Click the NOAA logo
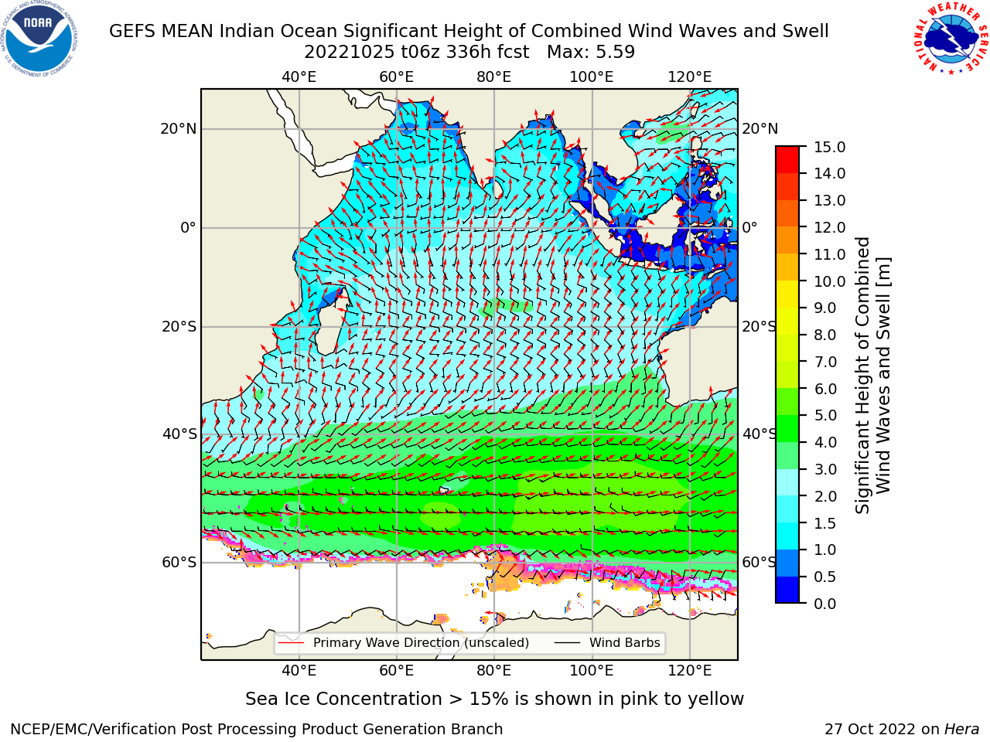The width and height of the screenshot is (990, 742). [x=39, y=39]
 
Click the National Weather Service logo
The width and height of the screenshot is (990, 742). [x=951, y=38]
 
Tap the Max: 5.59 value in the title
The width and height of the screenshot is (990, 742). [x=591, y=53]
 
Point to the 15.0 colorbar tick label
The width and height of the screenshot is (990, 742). [x=829, y=147]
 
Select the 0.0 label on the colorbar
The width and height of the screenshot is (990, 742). [x=825, y=604]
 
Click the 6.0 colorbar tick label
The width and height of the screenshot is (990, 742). [x=825, y=389]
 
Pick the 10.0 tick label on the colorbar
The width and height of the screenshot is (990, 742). [x=829, y=281]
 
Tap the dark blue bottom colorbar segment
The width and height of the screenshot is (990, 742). [x=787, y=590]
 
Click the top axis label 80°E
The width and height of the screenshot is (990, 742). [x=494, y=77]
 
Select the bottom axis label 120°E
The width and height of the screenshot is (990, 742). [x=690, y=671]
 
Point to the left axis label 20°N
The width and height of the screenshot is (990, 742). [x=179, y=129]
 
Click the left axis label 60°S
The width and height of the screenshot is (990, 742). [x=179, y=562]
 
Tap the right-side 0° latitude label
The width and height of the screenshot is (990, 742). [x=749, y=227]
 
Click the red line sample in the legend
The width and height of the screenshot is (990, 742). [x=291, y=643]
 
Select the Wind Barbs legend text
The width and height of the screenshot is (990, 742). [x=625, y=643]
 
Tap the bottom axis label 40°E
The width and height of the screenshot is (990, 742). [x=299, y=671]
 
